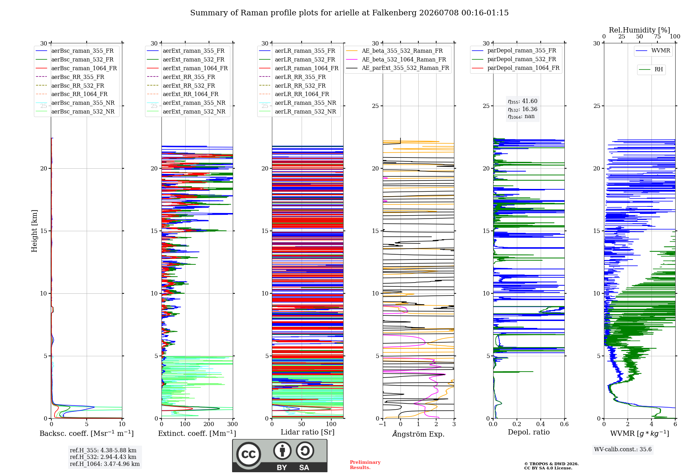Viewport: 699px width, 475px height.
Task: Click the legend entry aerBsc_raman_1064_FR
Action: (x=76, y=68)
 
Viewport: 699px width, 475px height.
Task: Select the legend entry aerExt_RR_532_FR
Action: (x=181, y=86)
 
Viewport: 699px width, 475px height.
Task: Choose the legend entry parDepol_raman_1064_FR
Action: (x=516, y=68)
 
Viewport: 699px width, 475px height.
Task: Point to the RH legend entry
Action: (x=651, y=70)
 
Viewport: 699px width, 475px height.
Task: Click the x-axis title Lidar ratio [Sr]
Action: (x=308, y=432)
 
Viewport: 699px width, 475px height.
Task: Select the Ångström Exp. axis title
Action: (x=418, y=434)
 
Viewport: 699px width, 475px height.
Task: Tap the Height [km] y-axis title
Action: (x=34, y=231)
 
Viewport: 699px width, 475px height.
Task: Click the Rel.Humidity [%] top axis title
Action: (x=640, y=30)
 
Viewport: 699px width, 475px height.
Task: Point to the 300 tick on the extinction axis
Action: (x=233, y=424)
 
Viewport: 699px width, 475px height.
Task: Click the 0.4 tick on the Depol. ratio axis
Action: (x=541, y=424)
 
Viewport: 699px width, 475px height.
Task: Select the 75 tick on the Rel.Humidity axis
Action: (x=657, y=37)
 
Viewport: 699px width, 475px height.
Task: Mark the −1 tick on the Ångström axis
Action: (x=382, y=424)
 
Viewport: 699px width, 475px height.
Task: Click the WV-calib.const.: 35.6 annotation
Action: (x=623, y=450)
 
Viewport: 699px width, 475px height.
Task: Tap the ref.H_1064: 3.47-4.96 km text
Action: (x=105, y=464)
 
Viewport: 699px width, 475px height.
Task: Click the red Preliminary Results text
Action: (x=365, y=465)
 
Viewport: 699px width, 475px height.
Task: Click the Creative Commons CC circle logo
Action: (x=248, y=454)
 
